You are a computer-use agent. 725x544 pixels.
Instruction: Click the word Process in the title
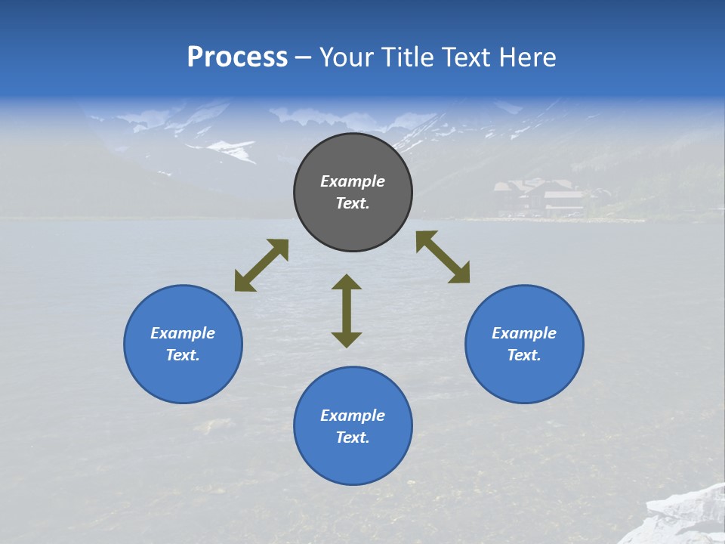[237, 57]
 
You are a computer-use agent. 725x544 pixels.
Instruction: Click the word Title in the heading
[406, 57]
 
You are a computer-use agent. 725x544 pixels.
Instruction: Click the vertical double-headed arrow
[347, 311]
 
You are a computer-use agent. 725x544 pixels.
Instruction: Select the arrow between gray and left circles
[261, 265]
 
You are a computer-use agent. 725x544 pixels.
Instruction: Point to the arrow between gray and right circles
[443, 257]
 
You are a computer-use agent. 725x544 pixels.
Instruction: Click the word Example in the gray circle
[353, 181]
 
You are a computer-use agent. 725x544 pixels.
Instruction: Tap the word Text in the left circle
[182, 355]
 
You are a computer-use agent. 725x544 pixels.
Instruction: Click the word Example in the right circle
[524, 333]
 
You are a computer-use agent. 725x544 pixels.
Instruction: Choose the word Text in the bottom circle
[352, 437]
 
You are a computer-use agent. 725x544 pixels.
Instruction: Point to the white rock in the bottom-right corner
[680, 518]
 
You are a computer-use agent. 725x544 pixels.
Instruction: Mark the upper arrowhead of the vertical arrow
[347, 283]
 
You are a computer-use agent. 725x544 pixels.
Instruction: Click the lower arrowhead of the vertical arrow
[347, 338]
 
